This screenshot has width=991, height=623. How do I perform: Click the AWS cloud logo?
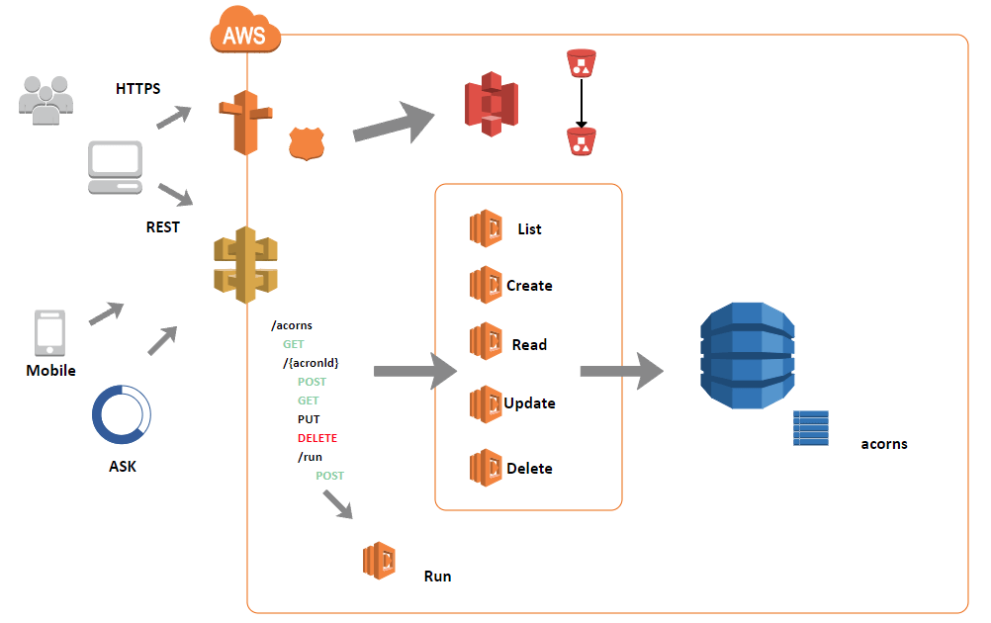point(244,35)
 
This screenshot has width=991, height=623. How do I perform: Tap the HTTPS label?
point(138,88)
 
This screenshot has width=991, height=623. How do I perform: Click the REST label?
point(163,226)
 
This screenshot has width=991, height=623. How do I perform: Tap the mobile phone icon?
point(49,333)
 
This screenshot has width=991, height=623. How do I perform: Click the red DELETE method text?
point(316,438)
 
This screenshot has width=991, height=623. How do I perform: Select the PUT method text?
point(309,419)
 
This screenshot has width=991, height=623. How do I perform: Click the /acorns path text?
point(292,325)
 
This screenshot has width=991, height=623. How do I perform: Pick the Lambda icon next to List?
point(486,228)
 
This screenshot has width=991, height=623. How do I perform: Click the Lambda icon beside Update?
point(486,403)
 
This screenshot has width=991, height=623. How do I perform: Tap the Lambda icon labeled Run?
point(379,561)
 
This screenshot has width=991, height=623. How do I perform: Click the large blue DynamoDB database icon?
point(747,357)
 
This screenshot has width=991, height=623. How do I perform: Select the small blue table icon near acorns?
point(810,428)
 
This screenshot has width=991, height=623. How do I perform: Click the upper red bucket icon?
point(582,64)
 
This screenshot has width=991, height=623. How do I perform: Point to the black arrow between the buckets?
point(582,104)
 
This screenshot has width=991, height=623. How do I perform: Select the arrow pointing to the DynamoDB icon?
point(621,371)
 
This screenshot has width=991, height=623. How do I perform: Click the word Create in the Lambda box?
point(529,286)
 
